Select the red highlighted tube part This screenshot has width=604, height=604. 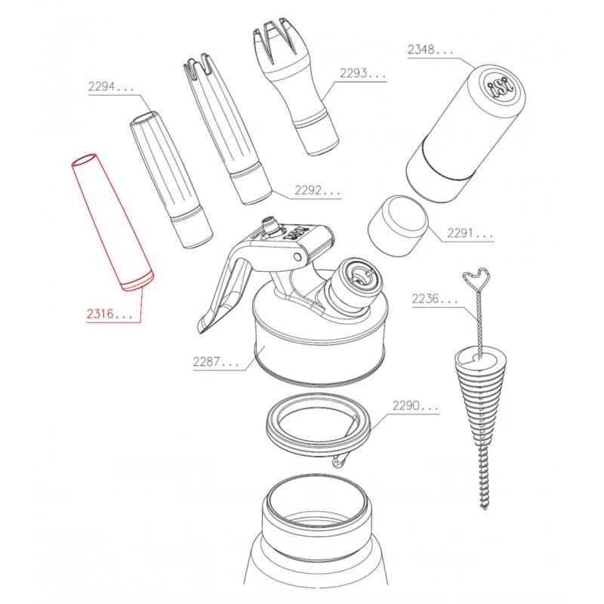click(112, 223)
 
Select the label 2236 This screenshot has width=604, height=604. click(434, 300)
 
